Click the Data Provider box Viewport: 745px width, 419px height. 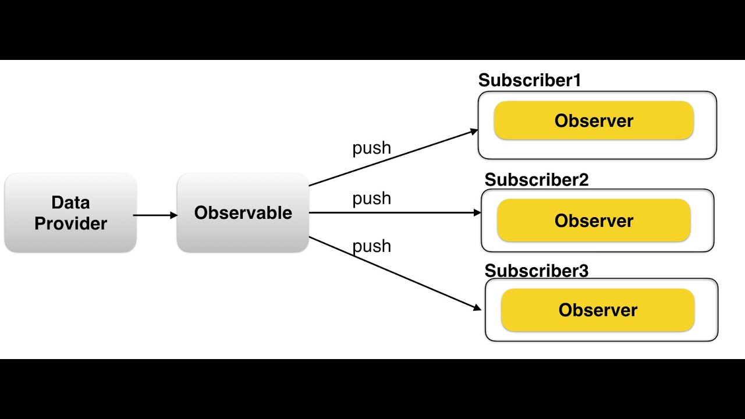pos(70,212)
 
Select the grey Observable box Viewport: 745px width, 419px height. pos(243,212)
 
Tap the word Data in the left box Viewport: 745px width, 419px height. pos(70,202)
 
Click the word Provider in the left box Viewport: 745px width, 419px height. pos(70,223)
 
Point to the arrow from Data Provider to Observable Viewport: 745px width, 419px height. pos(155,215)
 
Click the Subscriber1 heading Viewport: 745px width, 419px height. pos(530,80)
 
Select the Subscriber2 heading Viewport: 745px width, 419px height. pos(537,180)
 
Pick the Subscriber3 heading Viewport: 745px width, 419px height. pos(537,271)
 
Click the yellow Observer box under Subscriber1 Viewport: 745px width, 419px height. pos(594,120)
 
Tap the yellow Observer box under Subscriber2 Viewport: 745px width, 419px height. pos(594,221)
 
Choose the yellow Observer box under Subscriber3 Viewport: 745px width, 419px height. pos(598,310)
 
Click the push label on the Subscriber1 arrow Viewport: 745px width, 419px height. pos(371,148)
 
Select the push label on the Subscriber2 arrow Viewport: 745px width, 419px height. pos(371,198)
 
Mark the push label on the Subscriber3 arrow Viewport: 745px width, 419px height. pos(371,246)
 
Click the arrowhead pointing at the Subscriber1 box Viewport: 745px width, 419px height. pos(474,132)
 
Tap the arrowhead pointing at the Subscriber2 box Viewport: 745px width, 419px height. pos(477,212)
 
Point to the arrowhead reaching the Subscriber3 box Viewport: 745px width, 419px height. pos(477,308)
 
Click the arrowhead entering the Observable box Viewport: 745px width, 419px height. pos(173,215)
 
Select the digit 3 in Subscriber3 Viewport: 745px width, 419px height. pos(584,271)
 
